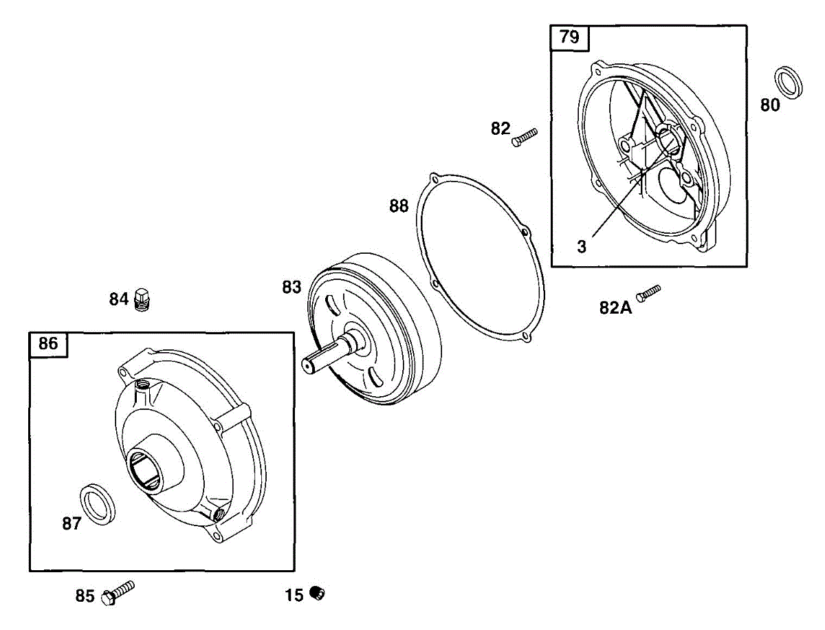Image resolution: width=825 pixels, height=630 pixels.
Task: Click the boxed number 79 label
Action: (569, 37)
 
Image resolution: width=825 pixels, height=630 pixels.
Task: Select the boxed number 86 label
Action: (48, 344)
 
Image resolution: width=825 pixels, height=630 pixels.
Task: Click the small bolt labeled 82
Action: (524, 137)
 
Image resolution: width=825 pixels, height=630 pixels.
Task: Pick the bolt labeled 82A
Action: (648, 292)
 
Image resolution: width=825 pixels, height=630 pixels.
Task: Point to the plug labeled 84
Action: (144, 300)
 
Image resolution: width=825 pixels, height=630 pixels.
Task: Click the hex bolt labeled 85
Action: (118, 593)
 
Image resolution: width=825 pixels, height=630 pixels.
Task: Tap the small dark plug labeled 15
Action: (317, 593)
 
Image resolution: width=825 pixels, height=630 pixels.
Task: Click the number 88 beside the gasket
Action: (399, 206)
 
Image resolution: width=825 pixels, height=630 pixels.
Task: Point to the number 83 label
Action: (291, 287)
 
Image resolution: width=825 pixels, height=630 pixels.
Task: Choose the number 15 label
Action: (294, 596)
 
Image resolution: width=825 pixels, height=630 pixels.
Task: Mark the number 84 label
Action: (119, 300)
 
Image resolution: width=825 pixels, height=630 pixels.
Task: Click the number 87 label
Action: (71, 524)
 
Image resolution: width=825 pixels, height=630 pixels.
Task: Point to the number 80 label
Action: (770, 105)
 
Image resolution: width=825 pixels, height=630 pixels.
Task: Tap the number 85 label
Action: (85, 596)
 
